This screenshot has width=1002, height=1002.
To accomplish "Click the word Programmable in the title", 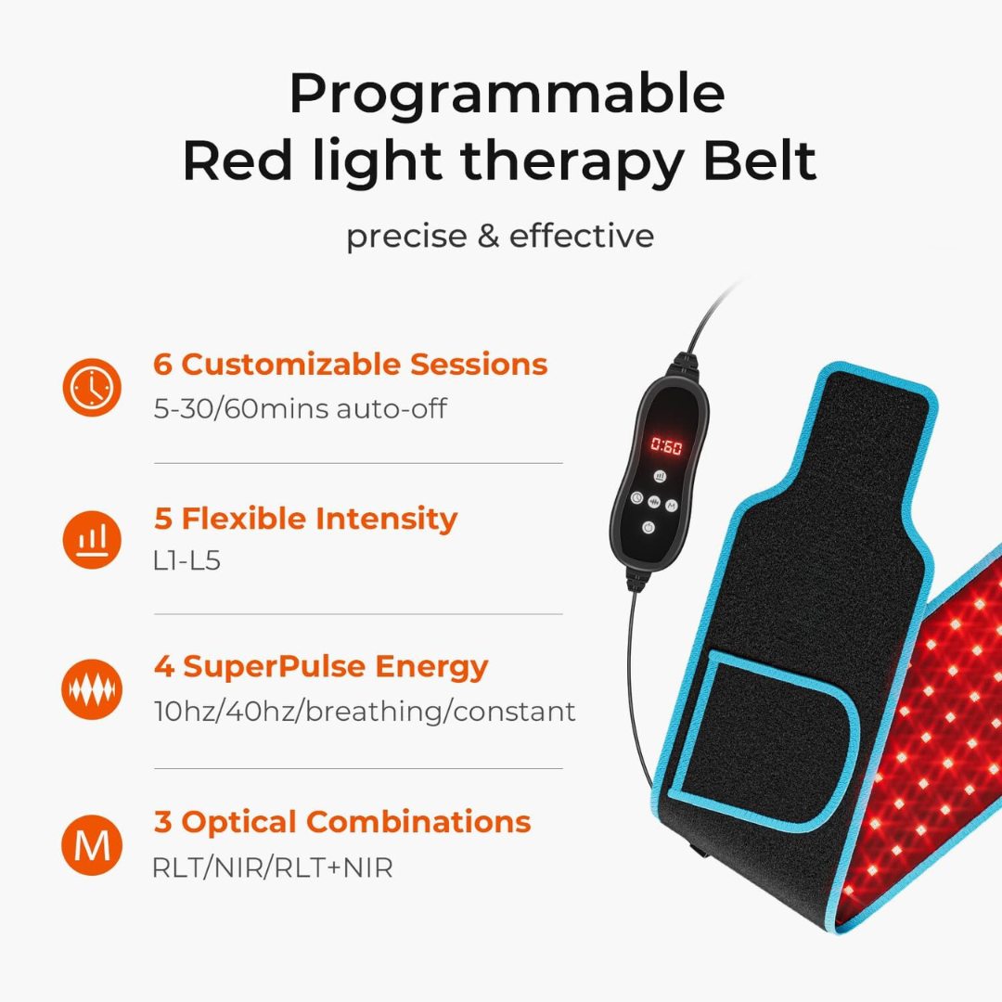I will (x=506, y=95).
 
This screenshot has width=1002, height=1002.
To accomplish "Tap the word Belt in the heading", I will (x=759, y=161).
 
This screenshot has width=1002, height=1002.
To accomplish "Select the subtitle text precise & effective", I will (x=500, y=236).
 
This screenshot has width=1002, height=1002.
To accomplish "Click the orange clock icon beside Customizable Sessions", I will (x=92, y=386).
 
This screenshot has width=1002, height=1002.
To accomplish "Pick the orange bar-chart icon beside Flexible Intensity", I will (x=92, y=539).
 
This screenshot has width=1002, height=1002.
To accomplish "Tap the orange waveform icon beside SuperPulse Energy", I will (x=92, y=690).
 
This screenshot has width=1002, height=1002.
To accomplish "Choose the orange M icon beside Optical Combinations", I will (x=92, y=844).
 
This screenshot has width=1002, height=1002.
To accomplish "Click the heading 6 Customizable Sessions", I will (x=351, y=365).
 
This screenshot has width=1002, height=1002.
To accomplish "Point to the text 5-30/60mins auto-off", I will (x=300, y=408).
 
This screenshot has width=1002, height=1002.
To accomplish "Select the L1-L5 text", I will (x=187, y=561).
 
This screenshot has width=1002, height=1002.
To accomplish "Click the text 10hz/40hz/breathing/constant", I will (x=364, y=712).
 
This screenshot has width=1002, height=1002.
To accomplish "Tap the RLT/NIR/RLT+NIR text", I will (x=273, y=868).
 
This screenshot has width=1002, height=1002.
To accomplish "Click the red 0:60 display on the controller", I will (x=665, y=446).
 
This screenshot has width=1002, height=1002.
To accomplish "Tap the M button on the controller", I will (x=673, y=505).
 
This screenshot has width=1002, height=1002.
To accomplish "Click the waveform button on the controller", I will (x=655, y=502).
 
